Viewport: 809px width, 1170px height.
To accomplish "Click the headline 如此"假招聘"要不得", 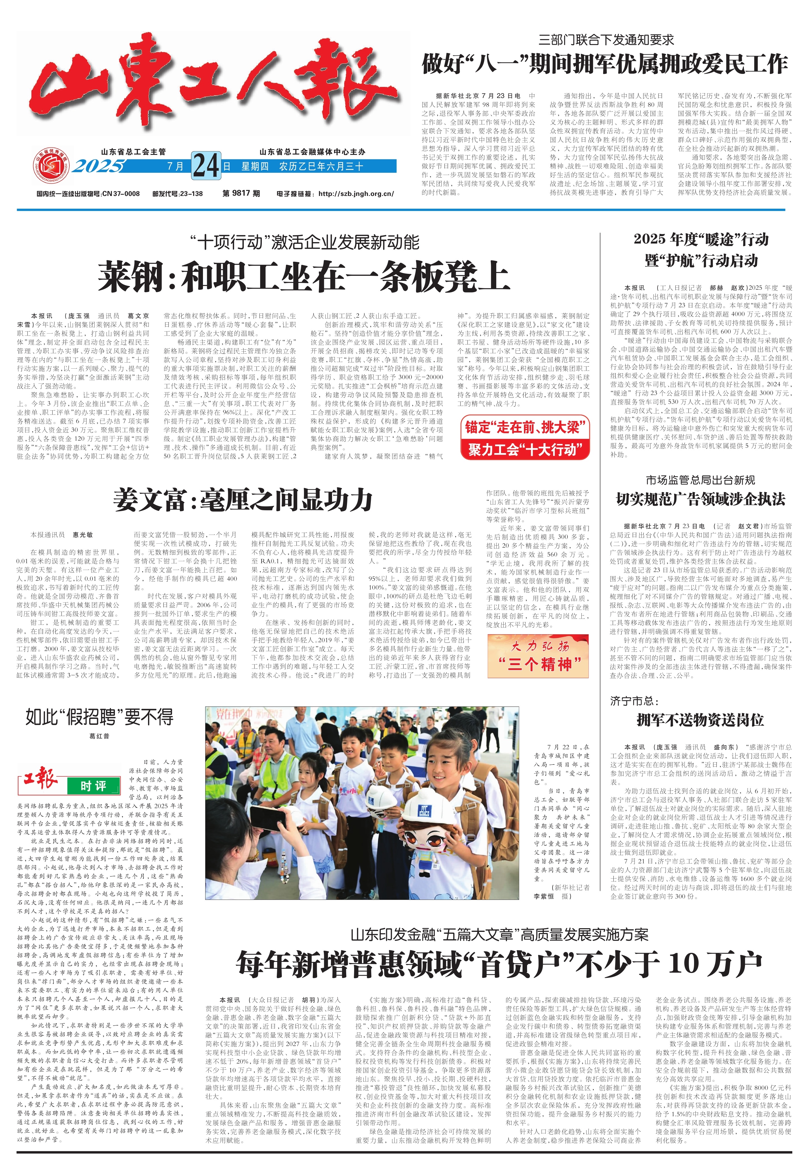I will tap(99, 717).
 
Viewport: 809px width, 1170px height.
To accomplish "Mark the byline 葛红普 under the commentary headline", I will tap(99, 736).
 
